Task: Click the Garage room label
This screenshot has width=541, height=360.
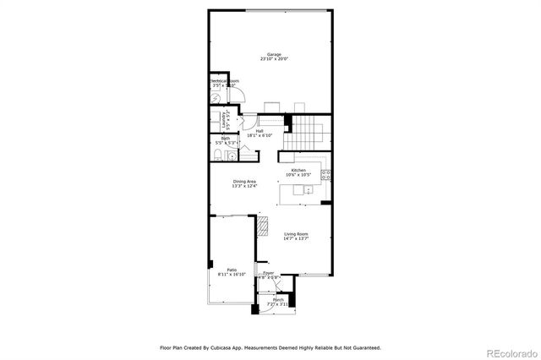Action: coord(270,54)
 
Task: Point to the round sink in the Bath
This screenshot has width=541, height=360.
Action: coord(232,155)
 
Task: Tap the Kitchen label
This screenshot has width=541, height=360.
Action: coord(298,171)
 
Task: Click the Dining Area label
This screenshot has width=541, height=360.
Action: coord(245,181)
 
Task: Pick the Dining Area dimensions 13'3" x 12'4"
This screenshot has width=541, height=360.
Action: coord(245,186)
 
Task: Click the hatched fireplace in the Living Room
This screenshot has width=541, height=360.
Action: coord(262,226)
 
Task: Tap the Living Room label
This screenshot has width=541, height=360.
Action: coord(296,233)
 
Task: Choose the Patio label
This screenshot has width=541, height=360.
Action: coord(231,270)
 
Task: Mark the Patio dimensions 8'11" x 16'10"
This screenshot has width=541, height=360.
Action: coord(231,275)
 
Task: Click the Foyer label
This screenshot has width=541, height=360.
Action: coord(269,273)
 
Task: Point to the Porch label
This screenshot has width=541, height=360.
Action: coord(277,299)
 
